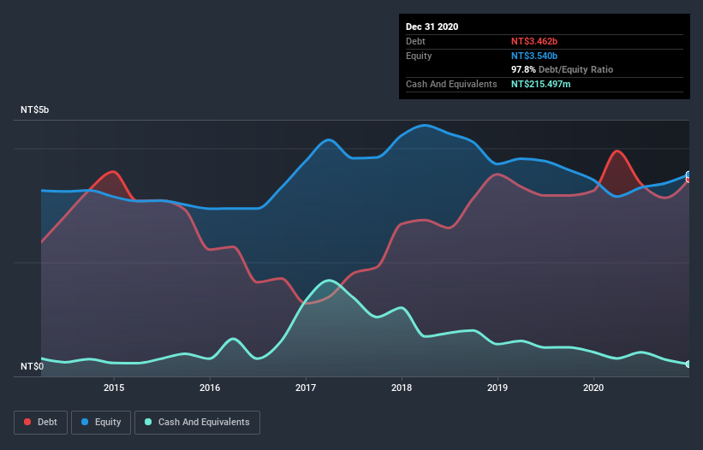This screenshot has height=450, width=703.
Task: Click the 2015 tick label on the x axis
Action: pyautogui.click(x=114, y=387)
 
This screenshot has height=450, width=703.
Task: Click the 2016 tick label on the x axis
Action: pyautogui.click(x=210, y=387)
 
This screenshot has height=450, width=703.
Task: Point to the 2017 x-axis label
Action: pyautogui.click(x=306, y=387)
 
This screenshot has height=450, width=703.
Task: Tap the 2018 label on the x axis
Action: pyautogui.click(x=402, y=387)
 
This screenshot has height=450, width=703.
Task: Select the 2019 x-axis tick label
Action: pyautogui.click(x=497, y=387)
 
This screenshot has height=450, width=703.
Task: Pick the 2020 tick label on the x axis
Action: pyautogui.click(x=593, y=387)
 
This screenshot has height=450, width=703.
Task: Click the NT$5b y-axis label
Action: pyautogui.click(x=36, y=110)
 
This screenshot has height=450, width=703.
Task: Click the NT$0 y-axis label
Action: pyautogui.click(x=32, y=367)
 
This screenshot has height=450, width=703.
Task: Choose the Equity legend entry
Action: pyautogui.click(x=101, y=422)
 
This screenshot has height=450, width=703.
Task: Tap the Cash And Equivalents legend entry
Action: pyautogui.click(x=197, y=422)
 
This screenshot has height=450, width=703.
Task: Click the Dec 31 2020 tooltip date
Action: pyautogui.click(x=432, y=27)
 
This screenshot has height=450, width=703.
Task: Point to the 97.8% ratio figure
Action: pyautogui.click(x=525, y=69)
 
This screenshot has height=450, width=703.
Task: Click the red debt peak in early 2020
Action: pyautogui.click(x=617, y=151)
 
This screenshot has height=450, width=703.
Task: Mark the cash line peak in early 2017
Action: pyautogui.click(x=328, y=280)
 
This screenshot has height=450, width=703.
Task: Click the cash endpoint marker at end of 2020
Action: pyautogui.click(x=688, y=364)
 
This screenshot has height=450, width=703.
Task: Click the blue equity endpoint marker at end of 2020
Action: pyautogui.click(x=688, y=175)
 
